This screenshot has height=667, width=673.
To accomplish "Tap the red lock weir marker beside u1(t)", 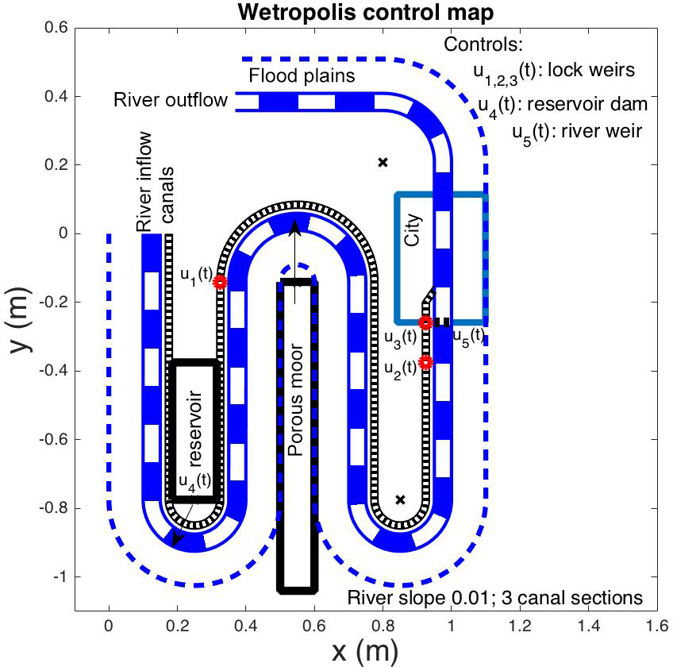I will pos(220,282).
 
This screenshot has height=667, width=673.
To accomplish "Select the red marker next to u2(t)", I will pos(426,362).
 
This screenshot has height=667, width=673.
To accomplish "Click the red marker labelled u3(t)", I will pos(426,322).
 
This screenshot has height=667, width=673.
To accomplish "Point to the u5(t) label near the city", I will pos(468,337).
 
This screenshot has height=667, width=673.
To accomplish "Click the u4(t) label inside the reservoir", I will pos(194,481).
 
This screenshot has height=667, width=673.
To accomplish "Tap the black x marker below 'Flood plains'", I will pos(383,162).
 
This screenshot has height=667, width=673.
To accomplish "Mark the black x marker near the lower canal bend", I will pos(400,499).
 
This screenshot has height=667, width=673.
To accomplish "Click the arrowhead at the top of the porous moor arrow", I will pos(295,228).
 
